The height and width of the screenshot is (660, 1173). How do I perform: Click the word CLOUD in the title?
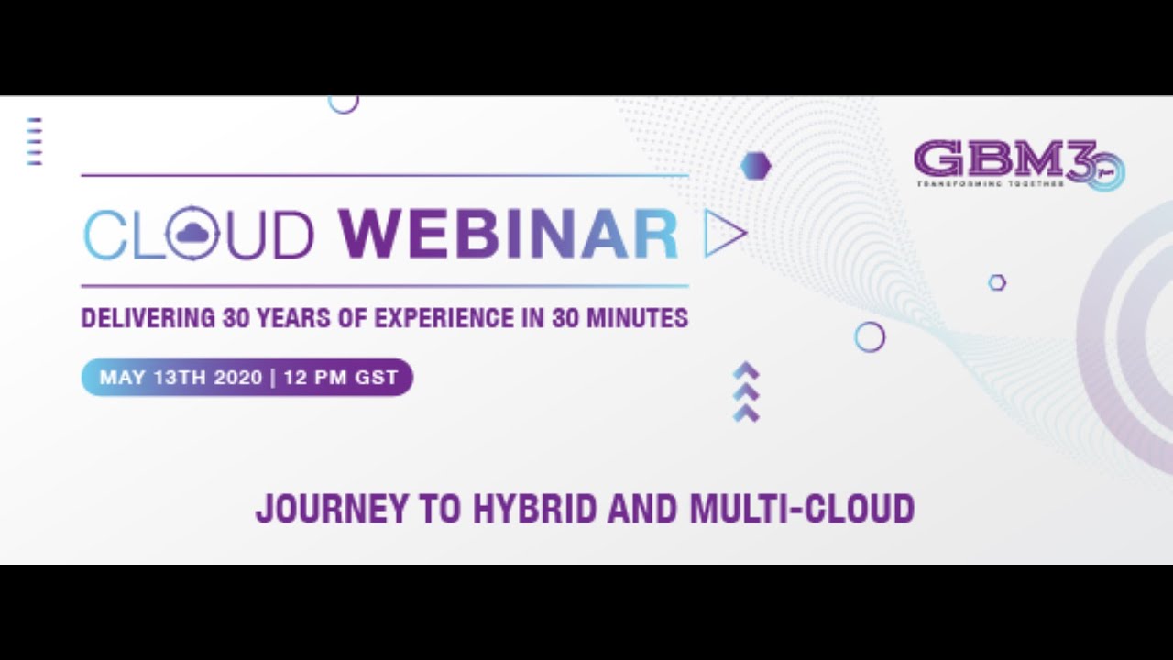198,235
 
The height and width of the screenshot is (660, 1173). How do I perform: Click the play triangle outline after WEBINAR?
723,235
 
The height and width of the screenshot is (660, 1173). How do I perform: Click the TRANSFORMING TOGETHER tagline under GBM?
991,183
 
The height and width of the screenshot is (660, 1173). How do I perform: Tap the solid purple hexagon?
755,166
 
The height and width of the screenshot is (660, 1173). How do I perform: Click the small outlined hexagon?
997,282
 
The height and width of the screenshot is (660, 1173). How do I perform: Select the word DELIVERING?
148,318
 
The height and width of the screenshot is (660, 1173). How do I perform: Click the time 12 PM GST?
341,377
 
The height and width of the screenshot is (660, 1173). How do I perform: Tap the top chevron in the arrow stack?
747,369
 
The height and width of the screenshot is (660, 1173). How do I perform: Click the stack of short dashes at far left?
35,141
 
